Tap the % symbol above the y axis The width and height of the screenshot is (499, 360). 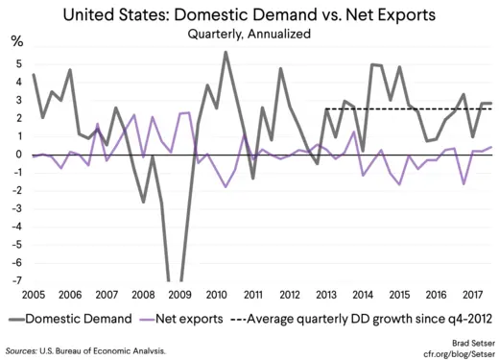(x=16, y=43)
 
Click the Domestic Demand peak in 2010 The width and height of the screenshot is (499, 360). (x=226, y=53)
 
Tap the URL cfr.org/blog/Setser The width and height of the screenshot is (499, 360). (x=451, y=351)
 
